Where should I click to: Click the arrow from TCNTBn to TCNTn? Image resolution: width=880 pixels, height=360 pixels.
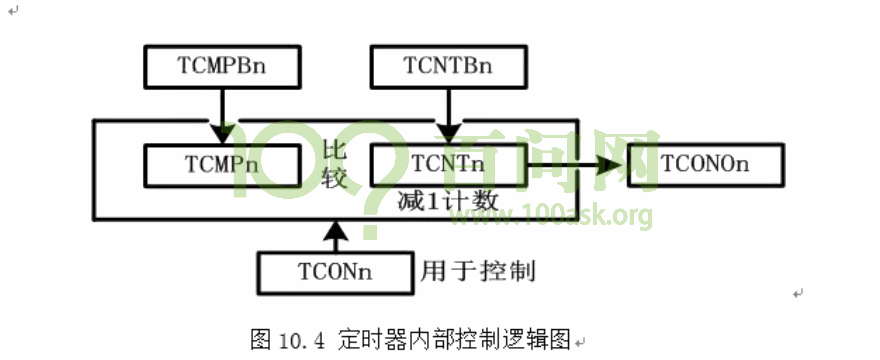[x=449, y=115]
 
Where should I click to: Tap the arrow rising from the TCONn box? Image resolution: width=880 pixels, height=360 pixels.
[x=336, y=235]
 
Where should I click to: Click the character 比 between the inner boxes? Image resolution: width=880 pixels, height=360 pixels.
[x=334, y=151]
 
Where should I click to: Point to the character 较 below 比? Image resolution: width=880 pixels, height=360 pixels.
[x=334, y=178]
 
